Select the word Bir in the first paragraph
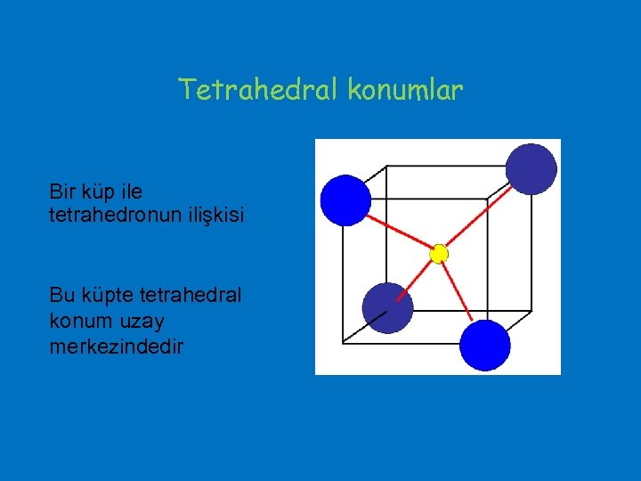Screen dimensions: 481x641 [64, 192]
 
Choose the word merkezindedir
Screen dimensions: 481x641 [116, 346]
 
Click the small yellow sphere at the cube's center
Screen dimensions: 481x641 [438, 254]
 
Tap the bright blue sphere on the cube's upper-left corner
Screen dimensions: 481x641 [345, 200]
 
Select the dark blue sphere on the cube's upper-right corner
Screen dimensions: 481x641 [531, 169]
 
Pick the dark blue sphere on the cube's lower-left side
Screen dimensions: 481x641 [388, 308]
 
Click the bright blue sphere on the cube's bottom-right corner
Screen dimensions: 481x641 [485, 346]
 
